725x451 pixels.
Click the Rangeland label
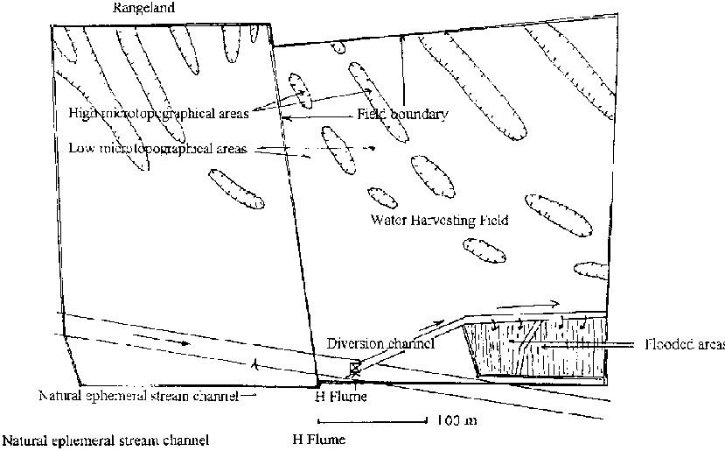pyautogui.click(x=145, y=8)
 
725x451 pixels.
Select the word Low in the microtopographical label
pyautogui.click(x=80, y=148)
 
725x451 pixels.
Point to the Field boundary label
pyautogui.click(x=402, y=115)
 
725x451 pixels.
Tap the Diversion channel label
pyautogui.click(x=382, y=344)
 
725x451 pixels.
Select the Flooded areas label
pyautogui.click(x=683, y=344)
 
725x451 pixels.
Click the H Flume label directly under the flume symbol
pyautogui.click(x=334, y=396)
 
